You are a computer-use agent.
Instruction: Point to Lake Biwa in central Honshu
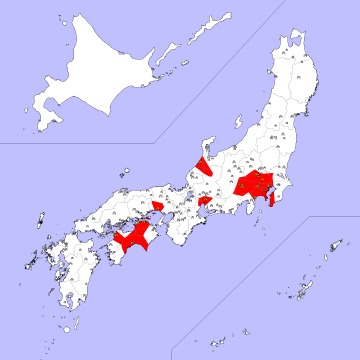(187, 200)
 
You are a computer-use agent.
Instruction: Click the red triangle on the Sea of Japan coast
(204, 165)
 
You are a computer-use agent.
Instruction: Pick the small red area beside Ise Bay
(205, 203)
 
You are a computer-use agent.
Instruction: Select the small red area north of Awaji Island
(158, 205)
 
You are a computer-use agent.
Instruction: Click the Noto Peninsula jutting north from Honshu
(209, 150)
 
